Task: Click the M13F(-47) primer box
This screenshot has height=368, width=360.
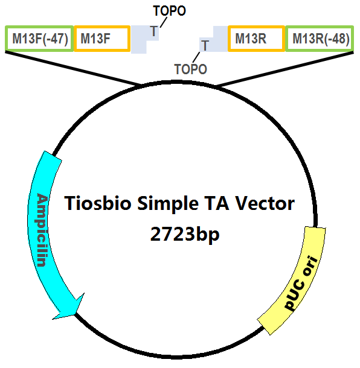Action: [39, 39]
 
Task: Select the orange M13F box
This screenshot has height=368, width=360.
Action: [102, 39]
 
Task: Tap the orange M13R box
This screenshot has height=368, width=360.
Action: [256, 39]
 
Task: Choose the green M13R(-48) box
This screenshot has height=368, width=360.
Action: [320, 39]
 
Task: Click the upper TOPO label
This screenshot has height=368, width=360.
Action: [169, 11]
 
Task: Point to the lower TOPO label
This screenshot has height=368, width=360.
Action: [191, 69]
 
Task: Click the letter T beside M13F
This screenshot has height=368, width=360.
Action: [154, 31]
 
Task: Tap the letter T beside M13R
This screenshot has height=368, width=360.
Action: [205, 45]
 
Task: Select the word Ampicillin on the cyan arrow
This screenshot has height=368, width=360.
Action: [42, 230]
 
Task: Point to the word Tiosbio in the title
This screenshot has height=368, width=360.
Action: [97, 203]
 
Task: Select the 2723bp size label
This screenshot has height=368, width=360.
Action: [185, 234]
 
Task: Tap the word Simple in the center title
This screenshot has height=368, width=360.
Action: [168, 204]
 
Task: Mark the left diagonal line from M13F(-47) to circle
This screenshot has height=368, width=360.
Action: [73, 68]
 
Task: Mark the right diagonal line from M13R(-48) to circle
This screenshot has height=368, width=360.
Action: [284, 69]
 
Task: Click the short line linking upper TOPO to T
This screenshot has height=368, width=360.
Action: [164, 22]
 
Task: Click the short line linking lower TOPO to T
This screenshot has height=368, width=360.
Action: [196, 57]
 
